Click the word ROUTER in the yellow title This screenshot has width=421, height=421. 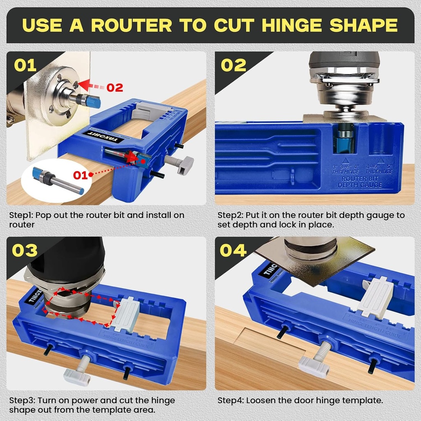point(132,25)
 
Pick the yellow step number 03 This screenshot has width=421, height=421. point(25,250)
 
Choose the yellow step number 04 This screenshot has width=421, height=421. point(234,250)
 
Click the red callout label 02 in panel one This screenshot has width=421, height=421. point(115,87)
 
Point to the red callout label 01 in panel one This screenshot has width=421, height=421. point(81,176)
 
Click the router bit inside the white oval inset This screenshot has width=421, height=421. point(58,181)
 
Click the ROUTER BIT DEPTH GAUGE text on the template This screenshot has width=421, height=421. point(357,182)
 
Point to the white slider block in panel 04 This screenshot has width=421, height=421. point(375,297)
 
